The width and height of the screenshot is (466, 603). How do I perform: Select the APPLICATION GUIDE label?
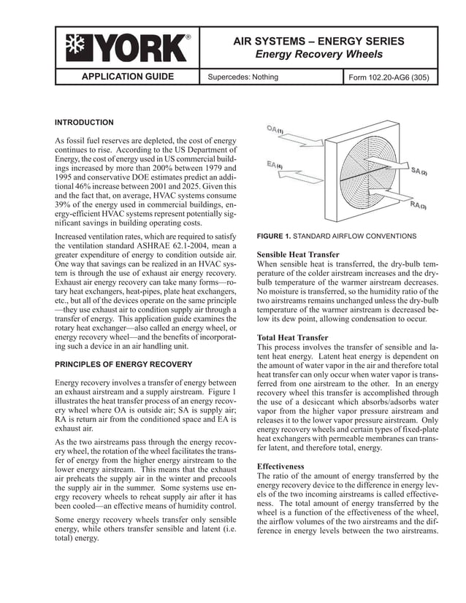click(127, 77)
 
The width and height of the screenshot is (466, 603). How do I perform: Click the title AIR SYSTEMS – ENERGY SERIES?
click(318, 41)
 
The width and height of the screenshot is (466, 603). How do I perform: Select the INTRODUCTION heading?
click(85, 123)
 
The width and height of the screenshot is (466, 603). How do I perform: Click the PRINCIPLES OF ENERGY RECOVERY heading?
click(123, 364)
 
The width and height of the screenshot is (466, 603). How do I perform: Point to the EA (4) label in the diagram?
click(273, 165)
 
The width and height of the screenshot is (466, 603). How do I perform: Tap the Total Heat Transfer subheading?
click(293, 338)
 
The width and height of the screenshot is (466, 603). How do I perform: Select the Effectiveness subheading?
click(281, 466)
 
